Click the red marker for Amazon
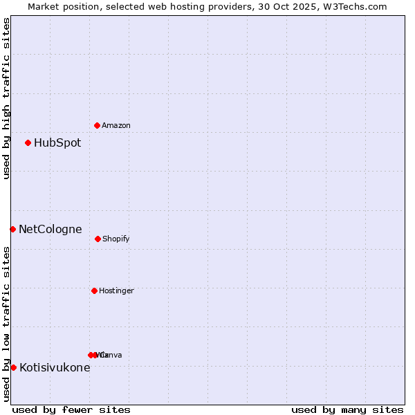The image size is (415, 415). (x=97, y=125)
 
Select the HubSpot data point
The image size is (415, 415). (x=28, y=143)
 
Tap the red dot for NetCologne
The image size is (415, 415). (x=12, y=229)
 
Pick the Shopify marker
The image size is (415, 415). (x=98, y=239)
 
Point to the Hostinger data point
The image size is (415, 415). (x=94, y=290)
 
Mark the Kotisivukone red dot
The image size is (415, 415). (x=13, y=367)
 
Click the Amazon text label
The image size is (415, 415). (x=116, y=126)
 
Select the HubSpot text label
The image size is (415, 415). (x=57, y=143)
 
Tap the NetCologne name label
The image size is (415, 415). (x=50, y=230)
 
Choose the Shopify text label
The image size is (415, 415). (x=116, y=239)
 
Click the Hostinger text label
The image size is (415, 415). (x=116, y=291)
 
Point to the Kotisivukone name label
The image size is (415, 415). (x=55, y=368)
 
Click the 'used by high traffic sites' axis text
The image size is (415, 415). (x=6, y=98)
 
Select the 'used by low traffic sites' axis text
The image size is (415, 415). (x=6, y=323)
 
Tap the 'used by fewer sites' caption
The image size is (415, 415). (x=71, y=409)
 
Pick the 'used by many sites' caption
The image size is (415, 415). (x=347, y=409)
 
